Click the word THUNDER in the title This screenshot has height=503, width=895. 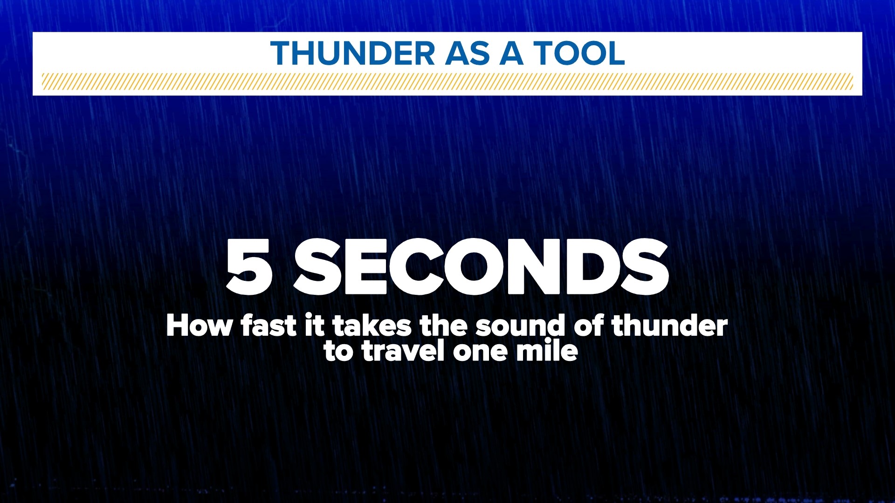[352, 53]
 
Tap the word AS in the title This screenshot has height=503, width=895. [467, 53]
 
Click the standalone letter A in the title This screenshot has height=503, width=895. [511, 53]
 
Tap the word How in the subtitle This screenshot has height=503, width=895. [199, 326]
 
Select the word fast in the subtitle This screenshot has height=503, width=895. [268, 326]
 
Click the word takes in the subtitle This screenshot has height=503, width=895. [372, 326]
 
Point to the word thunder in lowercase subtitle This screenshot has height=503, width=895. [669, 326]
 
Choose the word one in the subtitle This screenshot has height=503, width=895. [480, 352]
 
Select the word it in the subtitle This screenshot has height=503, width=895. [314, 326]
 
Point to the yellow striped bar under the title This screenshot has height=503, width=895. [447, 82]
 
